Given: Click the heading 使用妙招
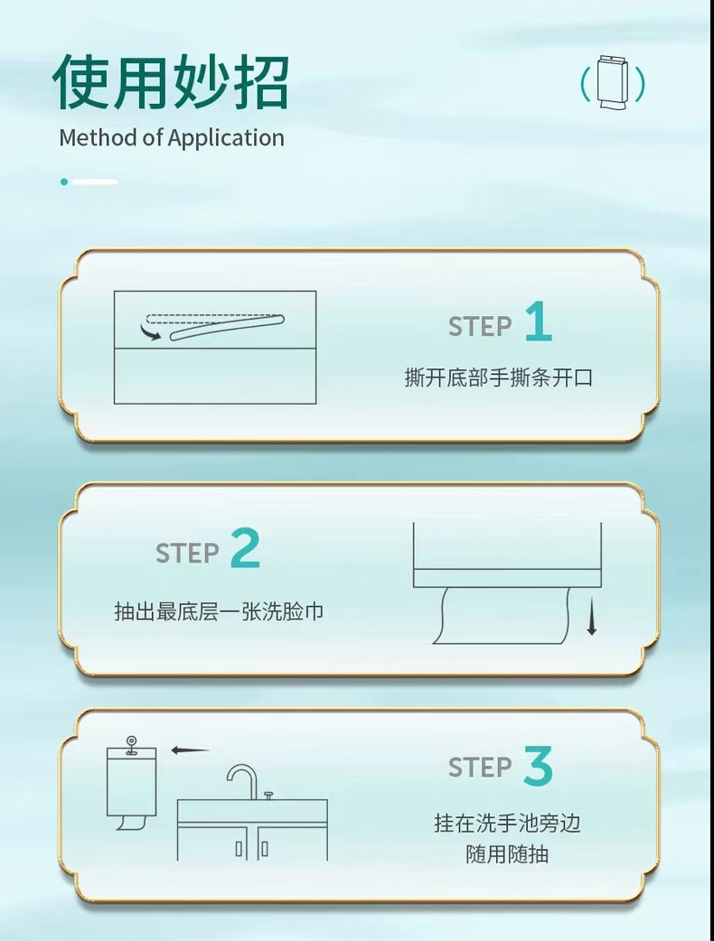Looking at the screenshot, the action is [171, 82].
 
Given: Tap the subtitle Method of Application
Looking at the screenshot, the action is [172, 138].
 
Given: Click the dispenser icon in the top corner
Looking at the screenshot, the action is [613, 84].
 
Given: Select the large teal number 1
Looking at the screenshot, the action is [538, 322].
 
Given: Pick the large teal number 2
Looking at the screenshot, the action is [245, 548].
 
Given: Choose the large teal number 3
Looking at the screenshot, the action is [538, 768].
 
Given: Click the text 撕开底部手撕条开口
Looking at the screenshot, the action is [498, 377].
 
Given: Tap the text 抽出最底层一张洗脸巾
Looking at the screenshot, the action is [219, 611].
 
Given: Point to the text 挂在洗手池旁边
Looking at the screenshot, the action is [506, 823].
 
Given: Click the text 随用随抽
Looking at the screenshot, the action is [506, 853].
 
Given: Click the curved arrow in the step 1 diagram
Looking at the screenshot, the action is [152, 333].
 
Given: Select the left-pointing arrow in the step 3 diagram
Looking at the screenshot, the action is [190, 750].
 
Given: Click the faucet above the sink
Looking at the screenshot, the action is [240, 778].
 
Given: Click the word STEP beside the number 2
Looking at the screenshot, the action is [187, 553].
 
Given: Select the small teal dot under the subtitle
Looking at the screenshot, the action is [64, 182].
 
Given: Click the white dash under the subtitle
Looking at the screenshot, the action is [96, 182].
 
